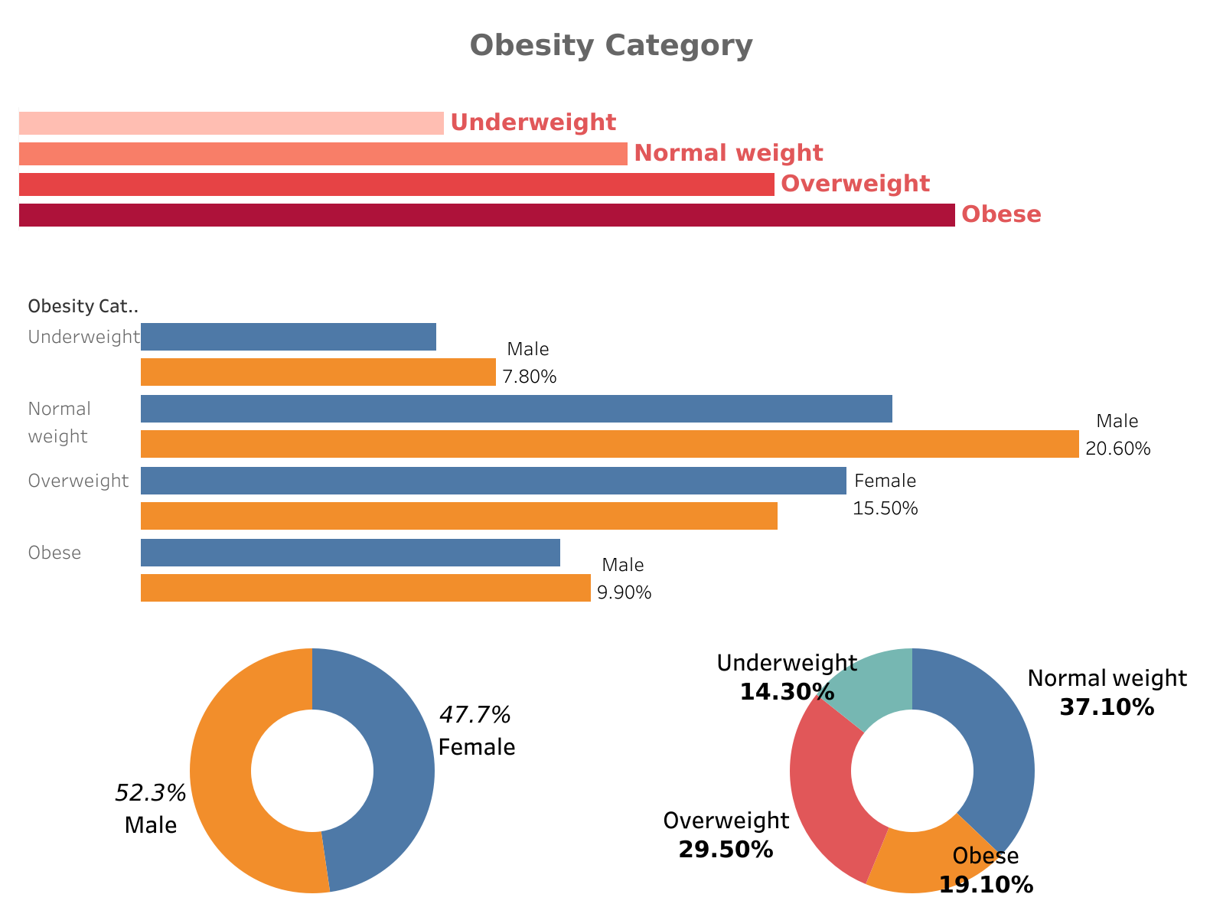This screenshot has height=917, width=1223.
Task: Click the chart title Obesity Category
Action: [x=611, y=46]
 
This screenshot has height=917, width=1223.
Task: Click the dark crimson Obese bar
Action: [x=487, y=215]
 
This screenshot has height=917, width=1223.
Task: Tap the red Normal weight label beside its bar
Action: [x=728, y=153]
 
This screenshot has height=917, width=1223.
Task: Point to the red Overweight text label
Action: [x=855, y=184]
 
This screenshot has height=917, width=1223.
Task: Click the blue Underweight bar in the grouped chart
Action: [x=289, y=337]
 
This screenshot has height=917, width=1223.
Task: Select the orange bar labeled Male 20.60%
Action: [x=609, y=444]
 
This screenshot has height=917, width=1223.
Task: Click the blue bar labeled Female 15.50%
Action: [x=494, y=481]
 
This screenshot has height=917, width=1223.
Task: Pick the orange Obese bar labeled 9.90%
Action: [x=366, y=588]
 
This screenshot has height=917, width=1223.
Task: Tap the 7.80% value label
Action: [x=530, y=377]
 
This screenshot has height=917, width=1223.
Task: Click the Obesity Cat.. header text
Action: [x=83, y=307]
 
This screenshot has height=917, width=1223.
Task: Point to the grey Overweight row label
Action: [x=78, y=481]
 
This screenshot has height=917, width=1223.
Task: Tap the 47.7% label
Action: [x=475, y=715]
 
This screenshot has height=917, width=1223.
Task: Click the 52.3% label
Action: [x=151, y=793]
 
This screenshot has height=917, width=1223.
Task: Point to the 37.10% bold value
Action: [x=1107, y=707]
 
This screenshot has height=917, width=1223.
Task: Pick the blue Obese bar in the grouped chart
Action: [x=351, y=553]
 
